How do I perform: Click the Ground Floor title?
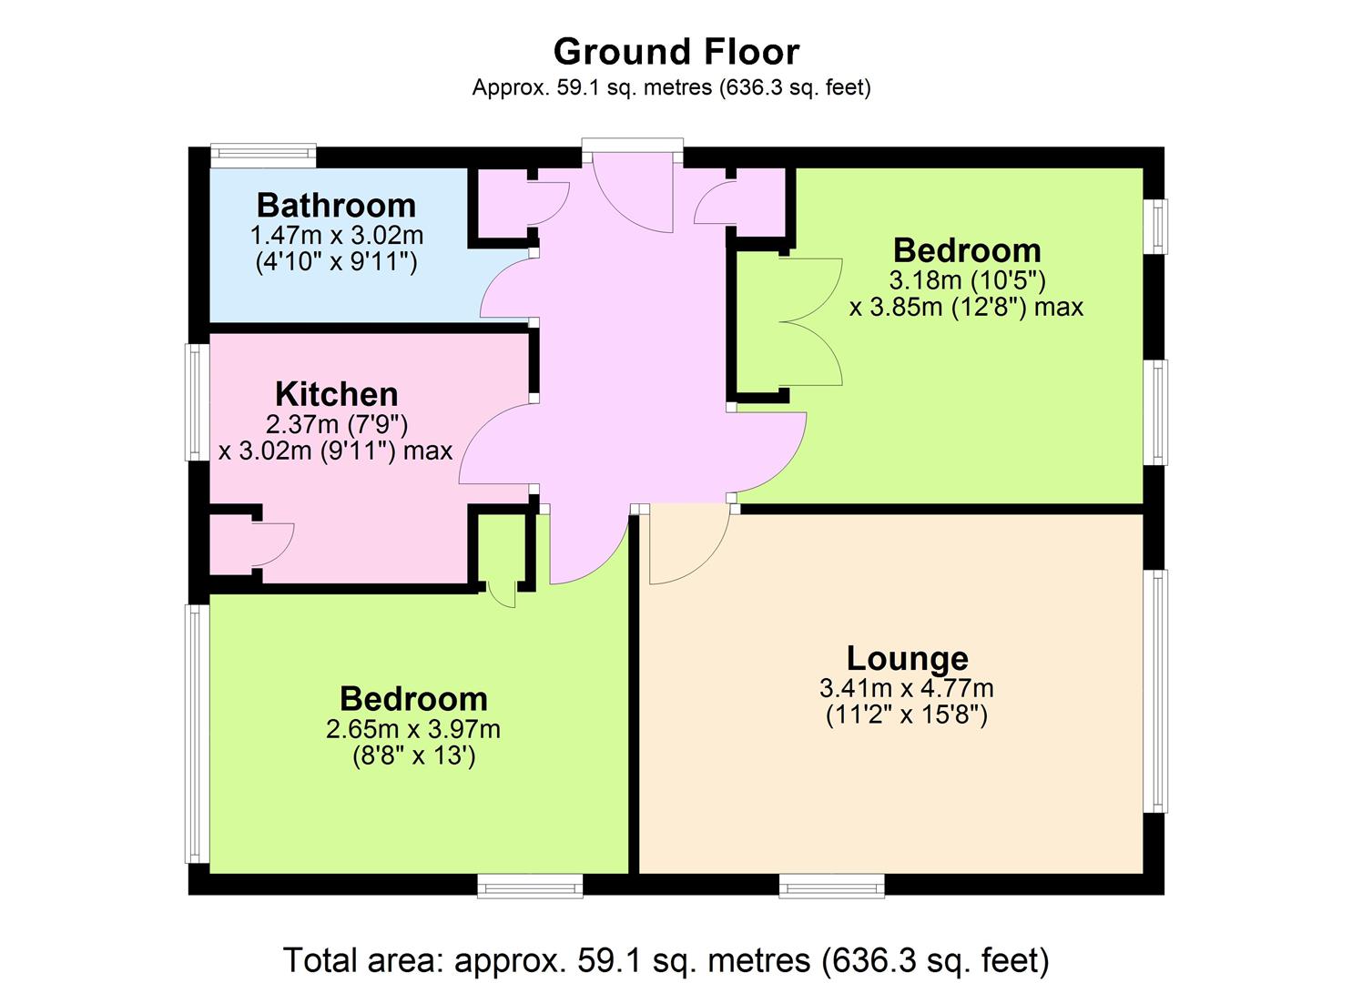click(x=676, y=52)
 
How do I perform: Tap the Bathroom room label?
click(x=336, y=205)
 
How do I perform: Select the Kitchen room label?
click(x=336, y=394)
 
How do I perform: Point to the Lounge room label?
click(x=907, y=659)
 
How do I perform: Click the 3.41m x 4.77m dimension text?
click(x=907, y=688)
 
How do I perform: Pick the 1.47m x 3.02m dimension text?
click(x=336, y=235)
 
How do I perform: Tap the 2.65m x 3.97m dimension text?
click(x=413, y=730)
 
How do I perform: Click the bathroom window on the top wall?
click(x=263, y=156)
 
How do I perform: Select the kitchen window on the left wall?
click(x=198, y=402)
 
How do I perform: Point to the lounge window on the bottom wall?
click(x=832, y=886)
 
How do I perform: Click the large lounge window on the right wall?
click(x=1156, y=692)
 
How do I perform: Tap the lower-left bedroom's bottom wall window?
click(x=530, y=886)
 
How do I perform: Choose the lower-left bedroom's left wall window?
click(x=198, y=735)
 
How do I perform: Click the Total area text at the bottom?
click(x=666, y=960)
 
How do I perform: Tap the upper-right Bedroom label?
click(x=967, y=250)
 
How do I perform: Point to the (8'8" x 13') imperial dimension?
click(x=414, y=755)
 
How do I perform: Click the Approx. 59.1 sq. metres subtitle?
click(x=671, y=88)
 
